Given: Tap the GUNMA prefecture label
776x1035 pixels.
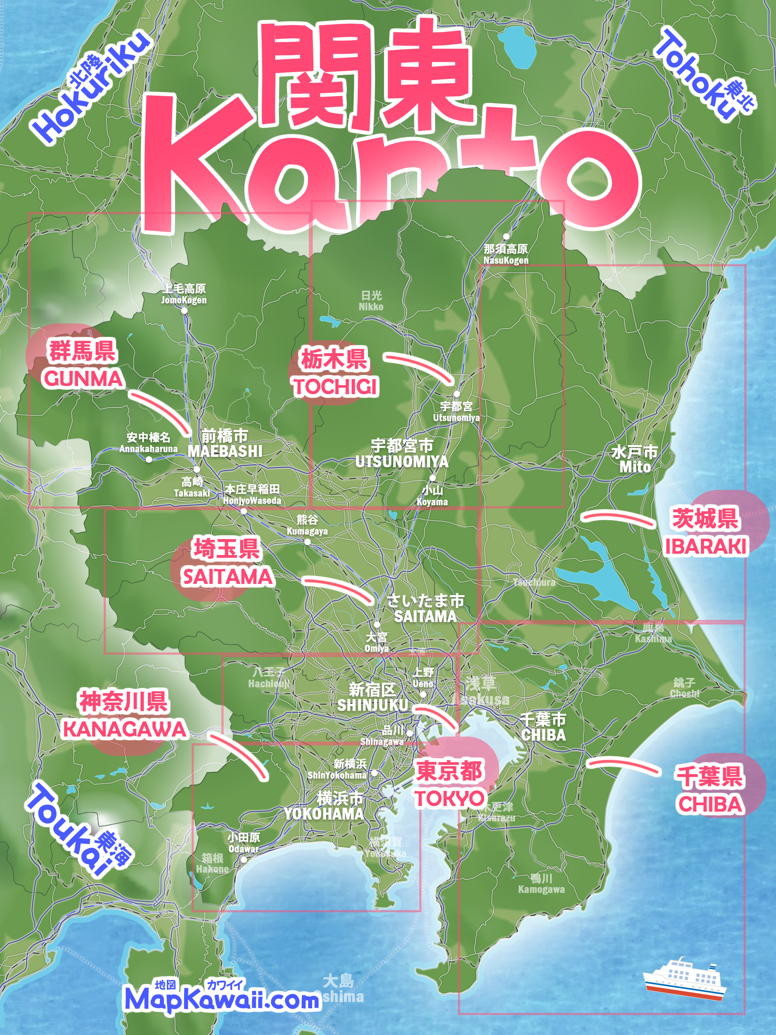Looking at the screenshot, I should coord(83,379).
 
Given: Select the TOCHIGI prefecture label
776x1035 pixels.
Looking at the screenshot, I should coord(335,386).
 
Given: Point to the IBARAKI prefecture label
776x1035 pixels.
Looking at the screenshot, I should coord(706,546).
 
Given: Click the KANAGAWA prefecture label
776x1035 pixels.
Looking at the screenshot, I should coord(125,729).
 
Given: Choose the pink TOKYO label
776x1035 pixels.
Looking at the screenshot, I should coord(449,798).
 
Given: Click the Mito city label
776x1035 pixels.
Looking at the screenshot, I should coord(635,467).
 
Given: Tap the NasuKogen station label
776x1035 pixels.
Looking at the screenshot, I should coord(506,260).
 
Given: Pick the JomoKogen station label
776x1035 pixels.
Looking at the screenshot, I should coord(184,300).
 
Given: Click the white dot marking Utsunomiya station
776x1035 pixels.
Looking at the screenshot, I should coord(457,394).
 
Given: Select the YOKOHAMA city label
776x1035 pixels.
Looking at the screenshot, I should coord(324,814).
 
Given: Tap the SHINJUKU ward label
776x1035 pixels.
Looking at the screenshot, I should coord(372,705).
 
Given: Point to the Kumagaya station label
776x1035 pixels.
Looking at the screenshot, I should coord(307,531).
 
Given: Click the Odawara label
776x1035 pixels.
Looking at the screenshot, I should coord(244,849).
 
